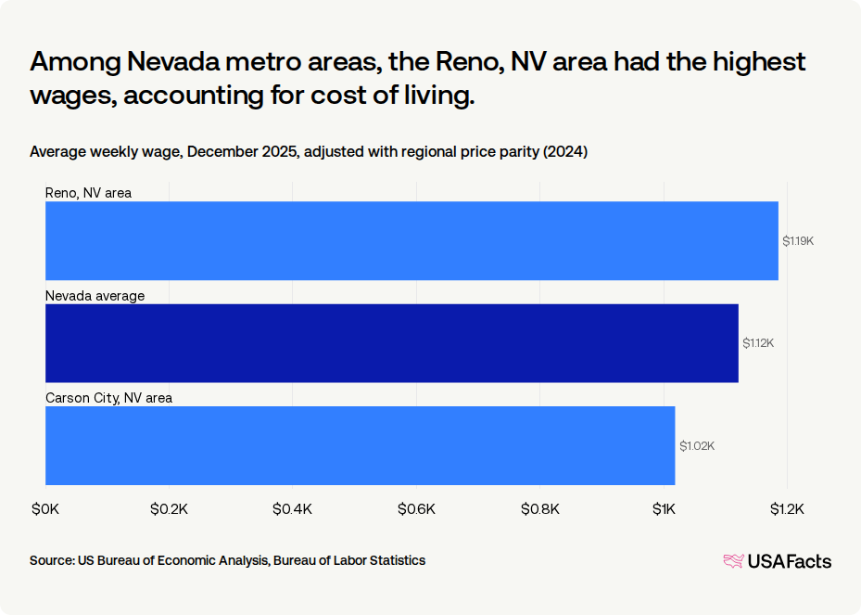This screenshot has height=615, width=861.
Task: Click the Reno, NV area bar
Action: (412, 240)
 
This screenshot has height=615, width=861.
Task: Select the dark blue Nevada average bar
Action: (391, 343)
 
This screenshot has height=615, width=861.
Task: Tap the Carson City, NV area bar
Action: (360, 445)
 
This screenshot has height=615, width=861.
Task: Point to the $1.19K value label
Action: (797, 241)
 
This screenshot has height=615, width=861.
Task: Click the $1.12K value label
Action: (757, 343)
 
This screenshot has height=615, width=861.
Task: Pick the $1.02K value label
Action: (696, 446)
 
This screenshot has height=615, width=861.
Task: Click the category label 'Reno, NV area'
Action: (89, 193)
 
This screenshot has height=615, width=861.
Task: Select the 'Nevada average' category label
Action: (95, 295)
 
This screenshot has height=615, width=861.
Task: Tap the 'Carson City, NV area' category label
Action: (108, 397)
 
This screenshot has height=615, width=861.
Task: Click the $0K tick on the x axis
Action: (45, 508)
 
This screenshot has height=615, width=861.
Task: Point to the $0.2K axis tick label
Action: (169, 508)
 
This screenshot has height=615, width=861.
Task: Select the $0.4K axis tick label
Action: (293, 508)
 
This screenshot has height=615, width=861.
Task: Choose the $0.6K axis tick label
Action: (417, 508)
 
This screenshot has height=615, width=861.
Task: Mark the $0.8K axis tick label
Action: (540, 508)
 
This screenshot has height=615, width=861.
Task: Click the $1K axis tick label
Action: (664, 508)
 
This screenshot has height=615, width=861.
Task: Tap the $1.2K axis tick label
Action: (788, 508)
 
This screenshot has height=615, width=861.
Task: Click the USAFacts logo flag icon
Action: (733, 561)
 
